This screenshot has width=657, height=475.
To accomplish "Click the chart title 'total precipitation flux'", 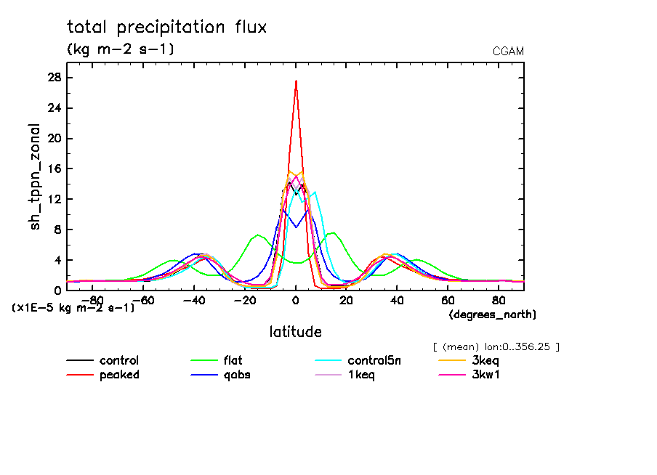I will click(167, 28).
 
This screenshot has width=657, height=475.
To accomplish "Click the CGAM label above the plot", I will click(508, 52).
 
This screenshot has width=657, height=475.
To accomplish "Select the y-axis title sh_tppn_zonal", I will click(36, 176).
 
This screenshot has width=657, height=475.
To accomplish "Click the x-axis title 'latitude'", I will click(295, 332).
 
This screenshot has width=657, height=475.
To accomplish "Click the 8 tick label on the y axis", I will click(57, 230).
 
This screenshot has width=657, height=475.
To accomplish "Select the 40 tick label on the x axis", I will click(397, 300).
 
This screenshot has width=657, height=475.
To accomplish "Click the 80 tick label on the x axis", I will click(499, 300).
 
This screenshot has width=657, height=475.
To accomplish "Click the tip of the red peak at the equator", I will click(296, 81).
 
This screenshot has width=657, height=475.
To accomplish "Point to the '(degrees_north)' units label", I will click(492, 314).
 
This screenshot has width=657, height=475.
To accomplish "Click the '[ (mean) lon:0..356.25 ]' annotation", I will click(496, 346).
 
